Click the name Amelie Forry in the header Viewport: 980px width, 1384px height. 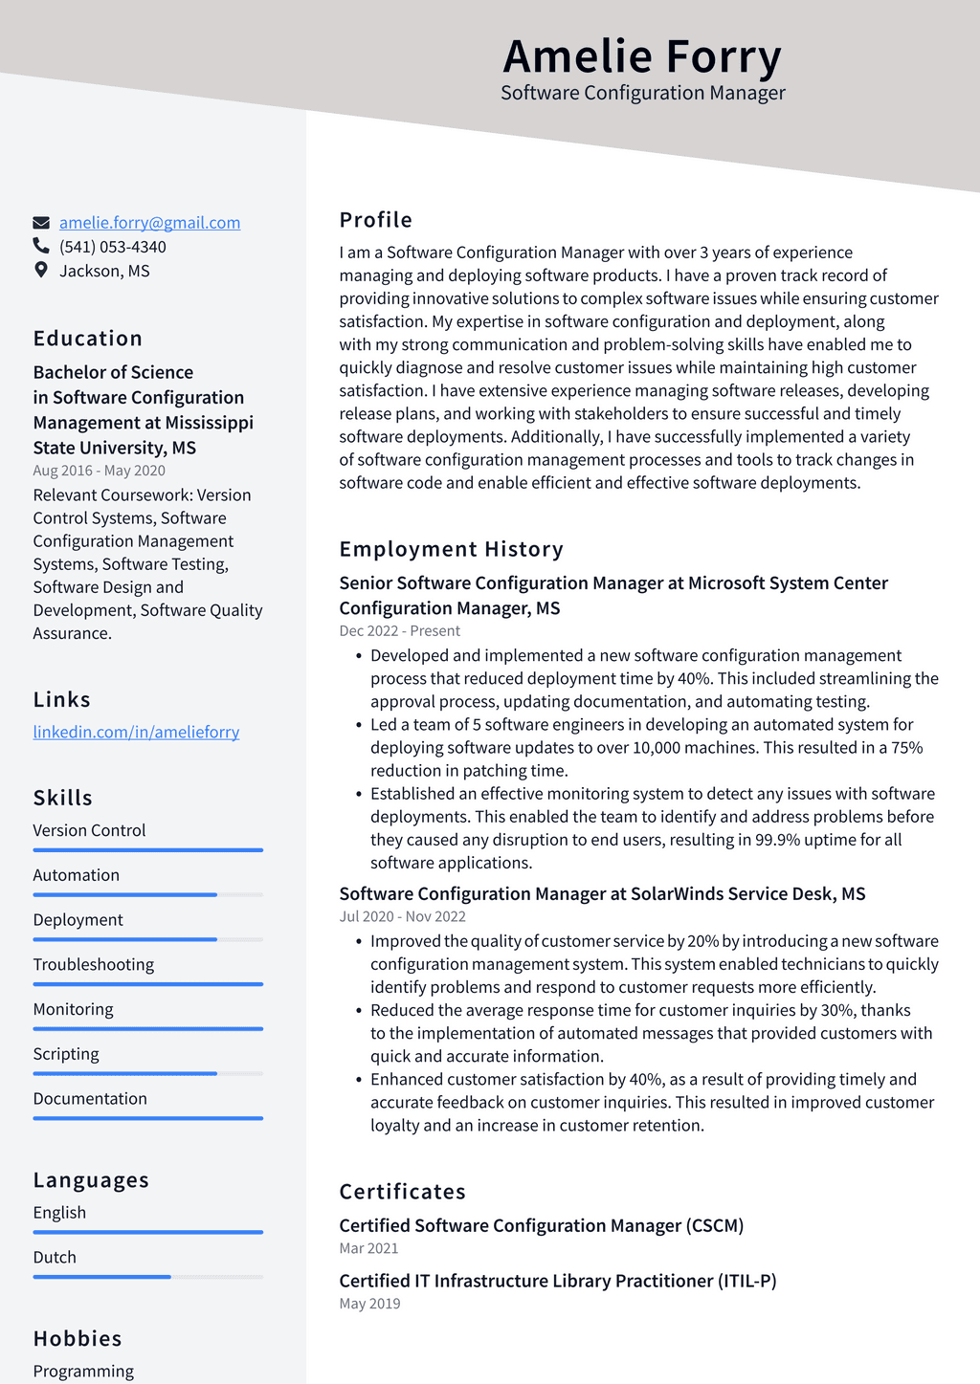(642, 55)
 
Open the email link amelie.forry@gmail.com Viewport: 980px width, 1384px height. (149, 222)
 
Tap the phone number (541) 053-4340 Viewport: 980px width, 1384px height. (113, 247)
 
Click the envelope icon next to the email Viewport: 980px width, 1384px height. (41, 223)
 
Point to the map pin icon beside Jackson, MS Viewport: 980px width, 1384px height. (41, 270)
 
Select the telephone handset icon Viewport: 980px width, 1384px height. (41, 247)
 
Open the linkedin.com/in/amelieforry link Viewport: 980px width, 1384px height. (136, 732)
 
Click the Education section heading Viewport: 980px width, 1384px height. (88, 339)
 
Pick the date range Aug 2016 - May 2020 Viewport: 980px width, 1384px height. (100, 471)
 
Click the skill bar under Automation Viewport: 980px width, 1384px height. (147, 894)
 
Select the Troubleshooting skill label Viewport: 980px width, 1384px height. (94, 964)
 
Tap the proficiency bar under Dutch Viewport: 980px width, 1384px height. (147, 1277)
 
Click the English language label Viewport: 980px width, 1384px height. (59, 1212)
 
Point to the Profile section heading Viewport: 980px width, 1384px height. (376, 220)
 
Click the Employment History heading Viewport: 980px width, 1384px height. (452, 549)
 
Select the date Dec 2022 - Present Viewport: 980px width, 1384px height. (400, 631)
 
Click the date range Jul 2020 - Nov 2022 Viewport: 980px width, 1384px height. (403, 916)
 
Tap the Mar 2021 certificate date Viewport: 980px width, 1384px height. (368, 1248)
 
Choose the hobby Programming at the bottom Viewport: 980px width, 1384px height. (83, 1371)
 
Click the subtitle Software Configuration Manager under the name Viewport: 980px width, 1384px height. (642, 93)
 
